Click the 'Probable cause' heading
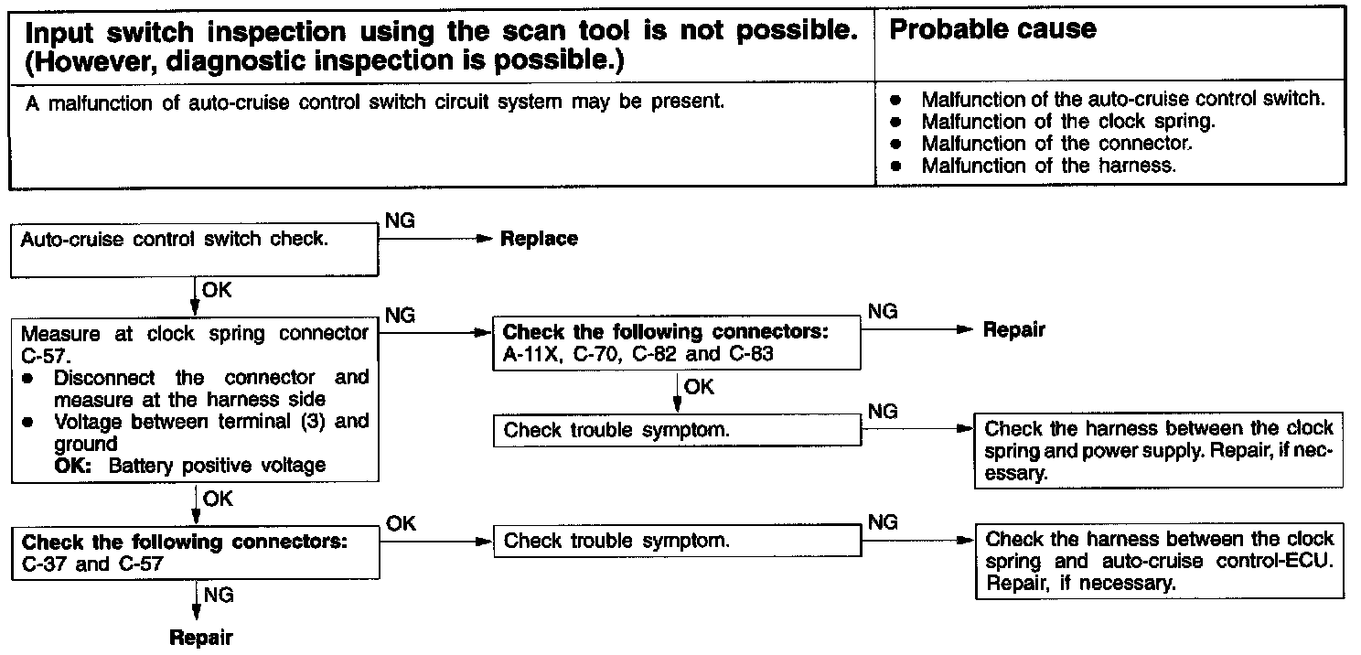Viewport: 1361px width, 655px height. coord(992,29)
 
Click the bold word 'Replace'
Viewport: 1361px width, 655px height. coord(539,239)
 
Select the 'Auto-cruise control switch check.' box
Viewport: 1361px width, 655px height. coord(194,252)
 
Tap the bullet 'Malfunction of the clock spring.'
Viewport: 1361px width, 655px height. coord(1067,121)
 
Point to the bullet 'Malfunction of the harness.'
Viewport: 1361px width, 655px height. coord(1048,166)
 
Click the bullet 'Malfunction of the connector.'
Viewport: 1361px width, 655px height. coord(1056,144)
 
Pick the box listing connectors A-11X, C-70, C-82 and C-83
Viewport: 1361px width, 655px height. coord(677,343)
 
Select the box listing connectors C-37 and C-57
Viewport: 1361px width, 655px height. coord(194,552)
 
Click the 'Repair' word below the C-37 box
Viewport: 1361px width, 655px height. coord(200,637)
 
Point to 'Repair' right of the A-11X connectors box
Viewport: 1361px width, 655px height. coord(1013,330)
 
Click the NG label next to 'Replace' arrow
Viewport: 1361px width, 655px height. coord(400,221)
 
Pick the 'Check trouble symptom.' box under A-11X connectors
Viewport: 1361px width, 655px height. coord(677,430)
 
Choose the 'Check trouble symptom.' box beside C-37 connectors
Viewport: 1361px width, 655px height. coord(677,540)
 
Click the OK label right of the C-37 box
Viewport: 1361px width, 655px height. coord(401,523)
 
